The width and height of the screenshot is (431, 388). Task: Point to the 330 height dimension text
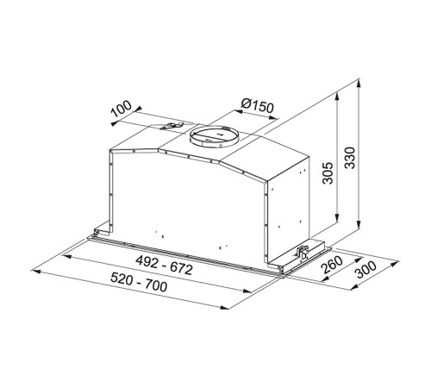pos(348,160)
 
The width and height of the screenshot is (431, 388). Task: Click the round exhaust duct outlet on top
pos(213,138)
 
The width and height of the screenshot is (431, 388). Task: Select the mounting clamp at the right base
pos(303,251)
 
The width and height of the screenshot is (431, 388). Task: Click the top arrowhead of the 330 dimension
pos(358,84)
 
